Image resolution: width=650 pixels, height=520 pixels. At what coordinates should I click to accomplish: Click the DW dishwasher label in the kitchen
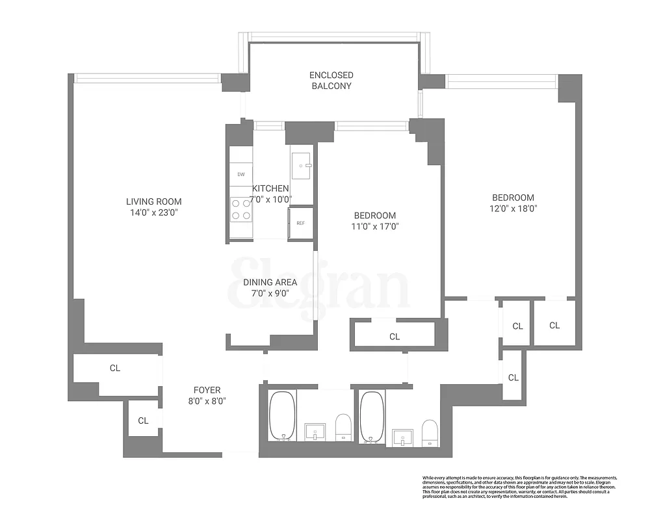(240, 174)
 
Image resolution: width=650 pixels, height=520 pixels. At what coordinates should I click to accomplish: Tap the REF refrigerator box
(300, 223)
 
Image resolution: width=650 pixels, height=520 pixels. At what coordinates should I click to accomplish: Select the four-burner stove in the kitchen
(241, 209)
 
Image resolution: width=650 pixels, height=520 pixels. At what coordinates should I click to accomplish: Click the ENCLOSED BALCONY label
(331, 81)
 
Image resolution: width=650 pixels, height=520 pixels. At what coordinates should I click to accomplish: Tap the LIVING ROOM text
(154, 201)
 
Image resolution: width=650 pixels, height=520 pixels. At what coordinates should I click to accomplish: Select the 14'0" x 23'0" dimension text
(154, 213)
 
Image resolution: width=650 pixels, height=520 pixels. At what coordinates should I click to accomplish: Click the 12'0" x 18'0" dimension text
(513, 209)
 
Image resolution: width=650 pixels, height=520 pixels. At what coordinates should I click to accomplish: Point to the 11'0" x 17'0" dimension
(374, 227)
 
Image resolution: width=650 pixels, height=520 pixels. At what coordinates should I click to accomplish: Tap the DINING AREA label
(270, 282)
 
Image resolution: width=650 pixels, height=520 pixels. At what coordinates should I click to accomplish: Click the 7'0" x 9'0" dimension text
(270, 293)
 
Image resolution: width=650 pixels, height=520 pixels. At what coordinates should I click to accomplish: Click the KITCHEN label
(270, 188)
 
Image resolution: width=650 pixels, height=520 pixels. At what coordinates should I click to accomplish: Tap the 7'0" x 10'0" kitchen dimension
(270, 200)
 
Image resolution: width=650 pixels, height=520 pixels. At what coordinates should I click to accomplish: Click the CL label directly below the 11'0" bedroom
(395, 337)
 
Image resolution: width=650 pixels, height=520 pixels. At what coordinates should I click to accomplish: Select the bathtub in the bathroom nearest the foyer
(282, 416)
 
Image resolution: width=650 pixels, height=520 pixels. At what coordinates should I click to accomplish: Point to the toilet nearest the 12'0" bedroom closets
(429, 432)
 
